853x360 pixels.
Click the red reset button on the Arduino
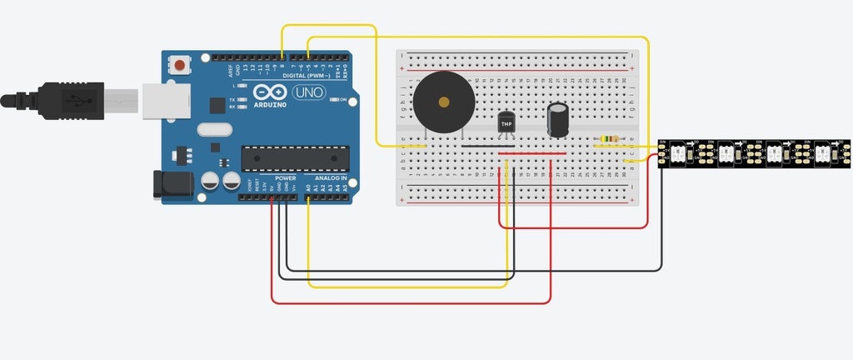click(180, 63)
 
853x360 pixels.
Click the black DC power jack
click(172, 184)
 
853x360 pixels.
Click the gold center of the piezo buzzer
click(444, 102)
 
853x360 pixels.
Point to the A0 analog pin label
click(308, 188)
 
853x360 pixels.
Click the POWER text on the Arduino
click(285, 178)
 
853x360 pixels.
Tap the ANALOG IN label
click(331, 178)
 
